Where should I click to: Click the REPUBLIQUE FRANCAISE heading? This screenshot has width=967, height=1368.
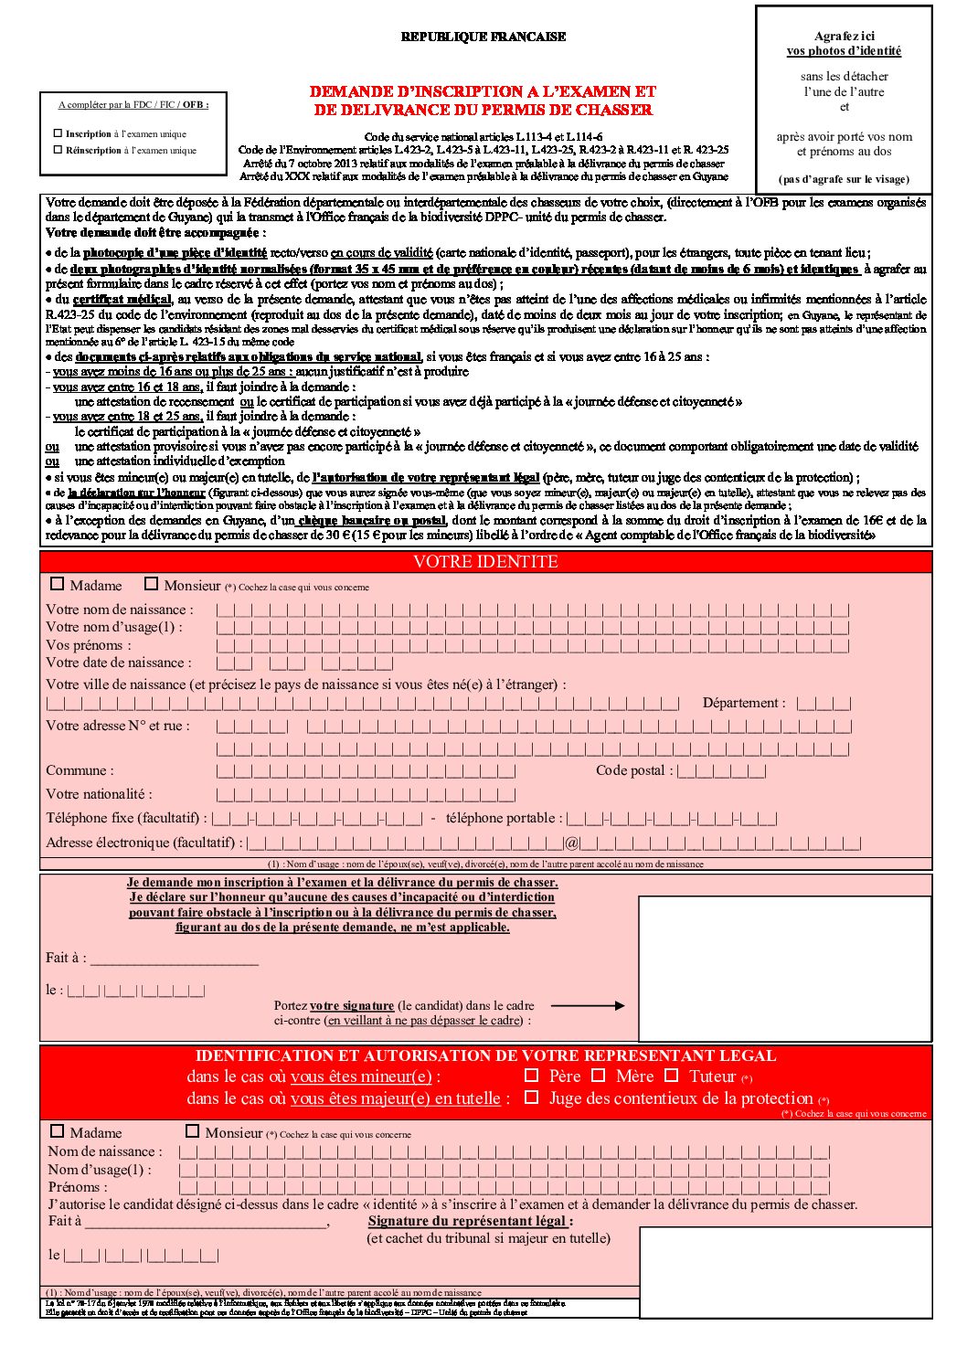[483, 37]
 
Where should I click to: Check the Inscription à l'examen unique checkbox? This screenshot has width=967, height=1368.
[58, 133]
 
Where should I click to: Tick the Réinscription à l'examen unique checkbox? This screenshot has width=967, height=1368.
[58, 150]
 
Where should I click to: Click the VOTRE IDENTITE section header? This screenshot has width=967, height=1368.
[485, 562]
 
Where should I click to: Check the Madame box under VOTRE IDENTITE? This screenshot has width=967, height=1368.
[58, 584]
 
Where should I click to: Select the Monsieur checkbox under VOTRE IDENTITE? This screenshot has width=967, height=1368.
[152, 584]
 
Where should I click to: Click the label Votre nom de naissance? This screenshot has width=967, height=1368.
[119, 610]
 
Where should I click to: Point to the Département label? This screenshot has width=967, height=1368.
[743, 703]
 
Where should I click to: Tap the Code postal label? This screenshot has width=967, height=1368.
[633, 770]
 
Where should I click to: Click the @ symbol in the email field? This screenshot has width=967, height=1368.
[572, 843]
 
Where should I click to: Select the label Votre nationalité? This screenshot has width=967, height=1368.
[99, 794]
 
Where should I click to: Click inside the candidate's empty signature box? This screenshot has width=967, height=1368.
[784, 968]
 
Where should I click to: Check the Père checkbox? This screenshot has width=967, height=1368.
[531, 1076]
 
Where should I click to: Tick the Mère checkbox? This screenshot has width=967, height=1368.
[599, 1076]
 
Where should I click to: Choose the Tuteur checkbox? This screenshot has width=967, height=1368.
[672, 1076]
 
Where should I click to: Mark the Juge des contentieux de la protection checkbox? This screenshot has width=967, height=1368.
[531, 1098]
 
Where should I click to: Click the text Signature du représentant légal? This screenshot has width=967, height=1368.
[470, 1221]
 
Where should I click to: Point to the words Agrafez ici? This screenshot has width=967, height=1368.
[844, 37]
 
